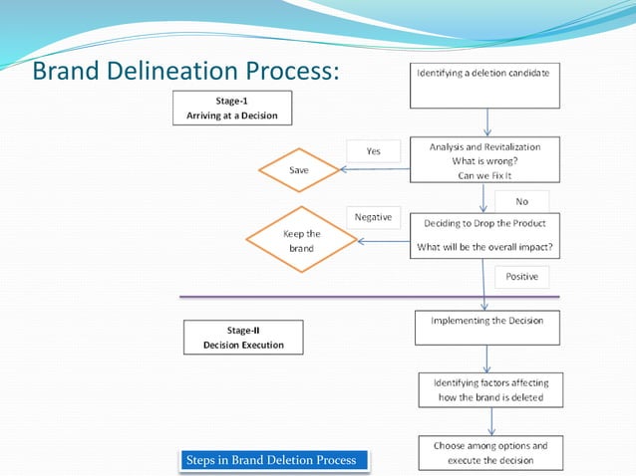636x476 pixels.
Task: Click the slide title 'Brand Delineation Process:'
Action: tap(185, 72)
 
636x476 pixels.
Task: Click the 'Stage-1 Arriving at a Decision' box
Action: tap(232, 108)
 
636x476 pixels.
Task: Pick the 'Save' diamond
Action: tap(299, 170)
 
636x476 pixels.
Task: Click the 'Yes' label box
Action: tap(373, 150)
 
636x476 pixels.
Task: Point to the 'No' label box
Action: tap(521, 201)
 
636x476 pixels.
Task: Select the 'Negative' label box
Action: tap(372, 216)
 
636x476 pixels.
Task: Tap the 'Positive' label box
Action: tap(521, 275)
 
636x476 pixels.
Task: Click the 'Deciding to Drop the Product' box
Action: tap(484, 235)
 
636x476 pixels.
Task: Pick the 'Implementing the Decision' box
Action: tap(486, 328)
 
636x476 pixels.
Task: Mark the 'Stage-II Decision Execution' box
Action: tap(243, 337)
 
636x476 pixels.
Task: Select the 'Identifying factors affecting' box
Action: tap(490, 389)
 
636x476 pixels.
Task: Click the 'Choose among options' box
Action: tap(490, 452)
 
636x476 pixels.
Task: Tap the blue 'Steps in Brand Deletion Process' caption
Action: tap(273, 460)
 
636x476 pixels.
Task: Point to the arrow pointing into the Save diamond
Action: tap(375, 169)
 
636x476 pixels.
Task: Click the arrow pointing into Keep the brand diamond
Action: tap(384, 241)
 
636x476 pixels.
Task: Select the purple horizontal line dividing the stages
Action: tap(369, 297)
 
